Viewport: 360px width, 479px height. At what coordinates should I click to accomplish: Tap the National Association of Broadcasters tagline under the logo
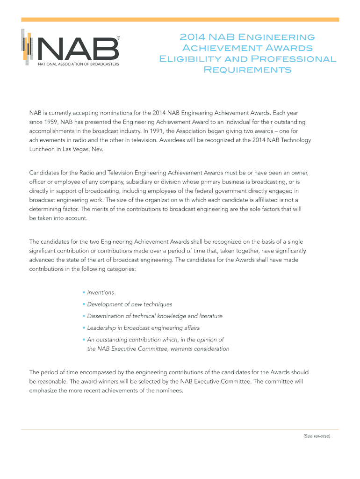[78, 64]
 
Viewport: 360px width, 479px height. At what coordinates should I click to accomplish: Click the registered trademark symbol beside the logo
[118, 37]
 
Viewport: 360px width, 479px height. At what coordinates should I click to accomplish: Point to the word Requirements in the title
[247, 70]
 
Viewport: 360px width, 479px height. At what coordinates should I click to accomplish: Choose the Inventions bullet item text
[101, 292]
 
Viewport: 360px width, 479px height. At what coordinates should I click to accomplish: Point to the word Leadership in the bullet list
[101, 328]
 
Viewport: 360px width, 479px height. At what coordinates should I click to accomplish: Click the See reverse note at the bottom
[317, 436]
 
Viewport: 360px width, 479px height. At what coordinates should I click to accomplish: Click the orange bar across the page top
[180, 20]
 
